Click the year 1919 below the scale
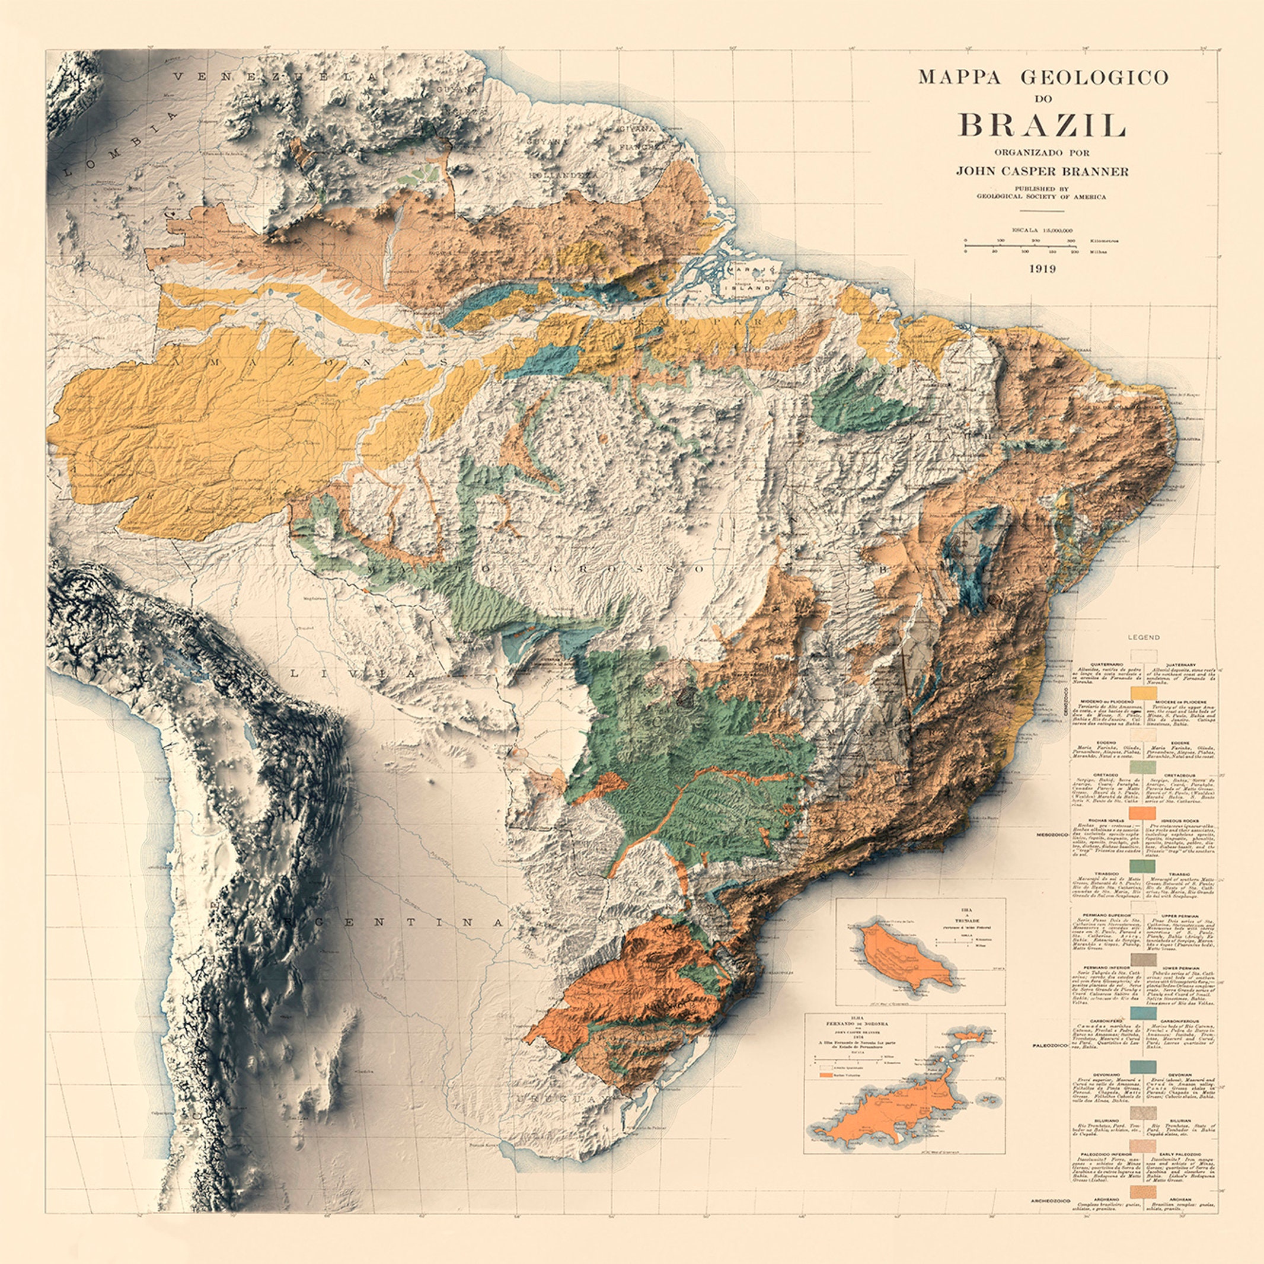(1042, 268)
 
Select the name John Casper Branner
(1042, 171)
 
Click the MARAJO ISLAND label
(752, 279)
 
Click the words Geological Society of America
(1042, 196)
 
